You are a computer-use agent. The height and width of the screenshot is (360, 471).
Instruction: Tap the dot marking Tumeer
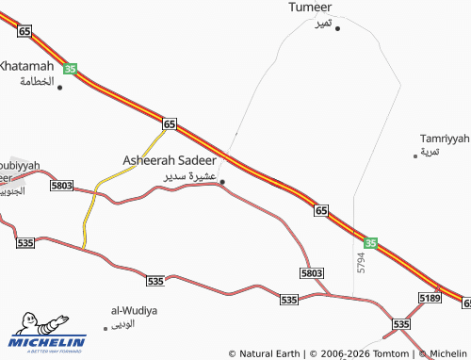[x=337, y=28]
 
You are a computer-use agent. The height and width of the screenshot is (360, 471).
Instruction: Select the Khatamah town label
[x=26, y=66]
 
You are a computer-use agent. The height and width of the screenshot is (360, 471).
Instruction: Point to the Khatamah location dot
[x=60, y=88]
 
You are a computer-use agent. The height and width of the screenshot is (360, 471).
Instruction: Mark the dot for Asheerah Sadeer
[x=222, y=182]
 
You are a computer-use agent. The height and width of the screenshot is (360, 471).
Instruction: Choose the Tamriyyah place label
[x=445, y=138]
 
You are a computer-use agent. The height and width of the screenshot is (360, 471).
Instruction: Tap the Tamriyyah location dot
[x=415, y=155]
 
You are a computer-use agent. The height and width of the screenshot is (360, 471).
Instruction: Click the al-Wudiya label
[x=134, y=310]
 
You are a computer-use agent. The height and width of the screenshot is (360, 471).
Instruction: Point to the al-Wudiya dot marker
[x=107, y=329]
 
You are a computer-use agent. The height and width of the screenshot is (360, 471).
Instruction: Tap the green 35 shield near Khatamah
[x=71, y=69]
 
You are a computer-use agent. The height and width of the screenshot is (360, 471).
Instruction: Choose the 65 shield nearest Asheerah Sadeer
[x=170, y=123]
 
